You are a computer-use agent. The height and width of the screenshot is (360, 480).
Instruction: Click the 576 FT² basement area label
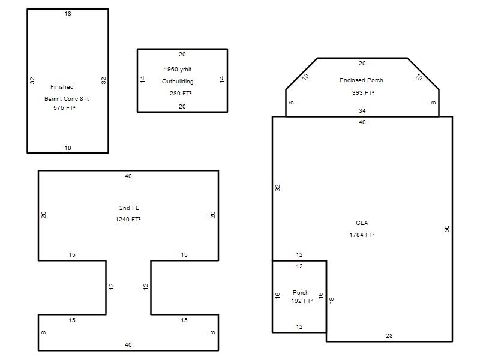(64, 108)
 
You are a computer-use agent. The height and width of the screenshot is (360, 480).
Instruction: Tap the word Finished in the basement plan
(62, 87)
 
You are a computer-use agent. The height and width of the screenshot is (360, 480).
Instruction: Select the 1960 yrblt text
(178, 70)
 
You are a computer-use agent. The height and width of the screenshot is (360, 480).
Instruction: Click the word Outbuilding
(178, 82)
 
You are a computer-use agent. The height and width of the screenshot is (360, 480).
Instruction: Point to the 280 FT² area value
(181, 94)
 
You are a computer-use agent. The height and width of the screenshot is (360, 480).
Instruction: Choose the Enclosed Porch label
(361, 80)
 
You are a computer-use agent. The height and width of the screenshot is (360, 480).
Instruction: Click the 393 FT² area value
(363, 92)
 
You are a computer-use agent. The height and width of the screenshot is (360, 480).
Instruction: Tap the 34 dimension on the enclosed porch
(362, 111)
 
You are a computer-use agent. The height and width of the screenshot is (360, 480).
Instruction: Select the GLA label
(362, 223)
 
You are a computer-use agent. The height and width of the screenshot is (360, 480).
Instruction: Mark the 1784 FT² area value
(362, 235)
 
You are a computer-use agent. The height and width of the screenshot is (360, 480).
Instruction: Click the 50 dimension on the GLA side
(446, 229)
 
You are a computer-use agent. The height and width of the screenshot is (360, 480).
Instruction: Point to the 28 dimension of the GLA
(389, 336)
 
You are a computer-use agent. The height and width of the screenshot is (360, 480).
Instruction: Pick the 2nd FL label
(129, 208)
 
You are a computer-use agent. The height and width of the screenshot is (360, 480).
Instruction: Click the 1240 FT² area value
(128, 220)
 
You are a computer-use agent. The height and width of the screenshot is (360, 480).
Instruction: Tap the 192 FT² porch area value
(302, 301)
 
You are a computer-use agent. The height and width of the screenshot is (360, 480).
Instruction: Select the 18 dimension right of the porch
(332, 300)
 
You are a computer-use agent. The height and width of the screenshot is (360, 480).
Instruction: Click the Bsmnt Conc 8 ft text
(67, 99)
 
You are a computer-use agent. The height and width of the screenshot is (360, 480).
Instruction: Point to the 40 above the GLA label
(362, 122)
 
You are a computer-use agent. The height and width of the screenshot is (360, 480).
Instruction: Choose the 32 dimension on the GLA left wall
(278, 188)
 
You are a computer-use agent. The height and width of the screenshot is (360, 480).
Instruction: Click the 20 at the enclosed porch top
(362, 64)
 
